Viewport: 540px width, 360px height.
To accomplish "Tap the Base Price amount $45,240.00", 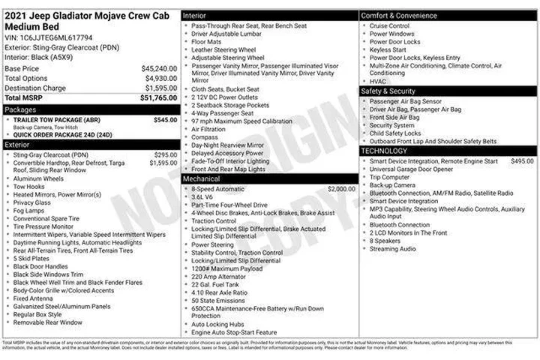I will coord(159,68).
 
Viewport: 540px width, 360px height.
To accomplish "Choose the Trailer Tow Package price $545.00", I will coord(165,119).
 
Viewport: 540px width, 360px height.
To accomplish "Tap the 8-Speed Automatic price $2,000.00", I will coord(341,189).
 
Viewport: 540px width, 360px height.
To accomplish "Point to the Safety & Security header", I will coord(388,91).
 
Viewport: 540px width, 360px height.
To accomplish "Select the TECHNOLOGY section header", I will coord(384,151).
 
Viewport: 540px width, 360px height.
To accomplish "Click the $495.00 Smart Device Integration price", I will coord(522,161).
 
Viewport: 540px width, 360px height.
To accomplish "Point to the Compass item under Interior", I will coord(205,137).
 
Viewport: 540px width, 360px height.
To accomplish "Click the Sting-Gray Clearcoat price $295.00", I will coord(165,155).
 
